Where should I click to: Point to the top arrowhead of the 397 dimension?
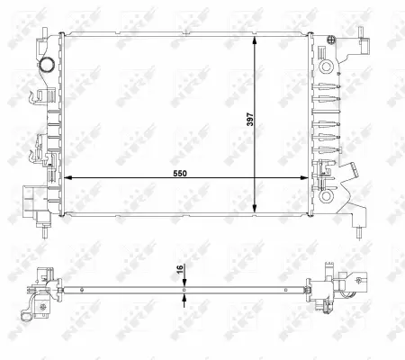click(257, 43)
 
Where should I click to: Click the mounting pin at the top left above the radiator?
click(41, 30)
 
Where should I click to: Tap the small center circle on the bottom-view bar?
click(184, 290)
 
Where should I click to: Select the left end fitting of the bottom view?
click(39, 290)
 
